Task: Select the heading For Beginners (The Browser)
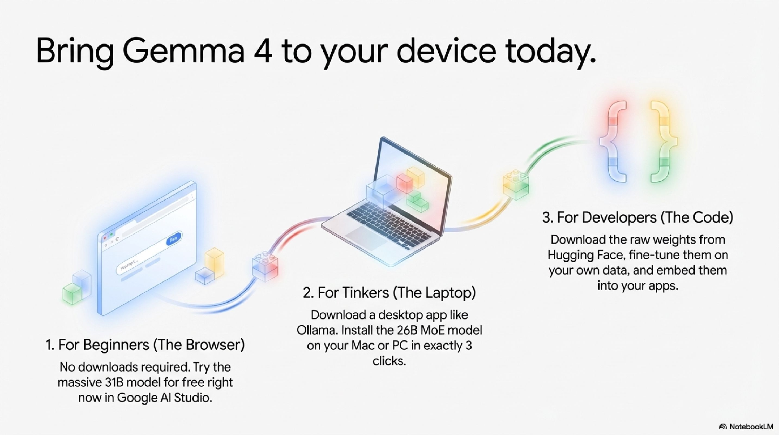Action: point(145,345)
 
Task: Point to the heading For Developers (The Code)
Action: point(637,217)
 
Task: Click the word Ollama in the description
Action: point(317,330)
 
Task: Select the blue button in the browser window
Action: point(174,239)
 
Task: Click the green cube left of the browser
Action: point(72,293)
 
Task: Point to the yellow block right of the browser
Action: point(214,261)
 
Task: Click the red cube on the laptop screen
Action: point(405,183)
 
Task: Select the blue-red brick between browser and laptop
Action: point(265,266)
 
